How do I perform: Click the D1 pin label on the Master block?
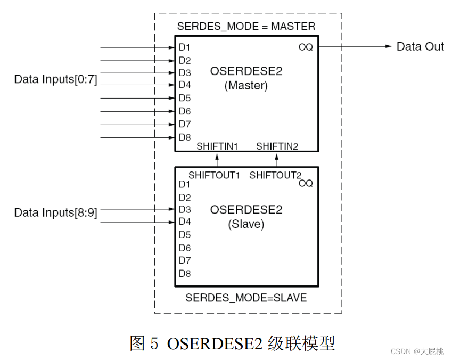click(x=185, y=47)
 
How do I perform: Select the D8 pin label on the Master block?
click(x=185, y=137)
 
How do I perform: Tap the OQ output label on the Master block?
click(x=306, y=47)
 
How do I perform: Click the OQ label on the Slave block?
click(x=306, y=184)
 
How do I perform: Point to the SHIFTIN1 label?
click(x=217, y=146)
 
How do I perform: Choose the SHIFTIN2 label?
click(x=277, y=146)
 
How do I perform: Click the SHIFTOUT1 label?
click(x=215, y=175)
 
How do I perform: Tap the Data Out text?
click(x=420, y=47)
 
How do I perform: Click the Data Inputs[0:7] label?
click(x=56, y=80)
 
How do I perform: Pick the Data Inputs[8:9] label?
click(x=56, y=213)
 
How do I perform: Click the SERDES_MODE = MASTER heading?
click(x=246, y=26)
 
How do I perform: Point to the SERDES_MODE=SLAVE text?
click(x=246, y=298)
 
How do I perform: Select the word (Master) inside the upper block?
click(x=246, y=85)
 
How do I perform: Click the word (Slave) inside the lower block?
click(x=246, y=224)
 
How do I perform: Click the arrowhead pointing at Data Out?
click(x=389, y=46)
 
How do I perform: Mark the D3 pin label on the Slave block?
click(x=185, y=210)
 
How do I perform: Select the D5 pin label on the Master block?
click(x=185, y=98)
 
